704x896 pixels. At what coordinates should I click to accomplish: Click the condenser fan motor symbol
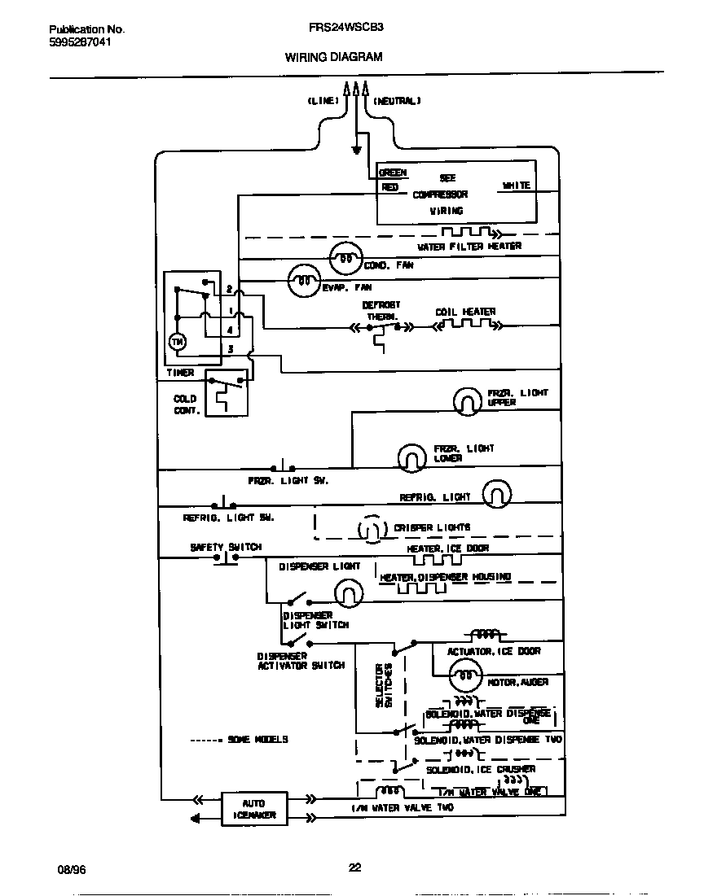(345, 260)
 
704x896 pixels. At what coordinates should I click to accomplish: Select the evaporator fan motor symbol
(304, 281)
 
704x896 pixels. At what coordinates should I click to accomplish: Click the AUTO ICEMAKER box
(253, 808)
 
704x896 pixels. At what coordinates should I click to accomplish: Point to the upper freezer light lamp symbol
(469, 400)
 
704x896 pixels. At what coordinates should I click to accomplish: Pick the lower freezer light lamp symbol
(412, 458)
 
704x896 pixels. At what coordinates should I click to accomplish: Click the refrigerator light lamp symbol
(497, 493)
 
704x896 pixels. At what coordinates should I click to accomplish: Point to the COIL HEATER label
(465, 312)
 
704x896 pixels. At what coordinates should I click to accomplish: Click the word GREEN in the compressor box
(393, 173)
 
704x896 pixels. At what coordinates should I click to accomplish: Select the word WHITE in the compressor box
(516, 186)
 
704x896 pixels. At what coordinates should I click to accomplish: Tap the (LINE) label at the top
(323, 101)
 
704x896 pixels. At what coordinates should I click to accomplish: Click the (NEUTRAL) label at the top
(397, 101)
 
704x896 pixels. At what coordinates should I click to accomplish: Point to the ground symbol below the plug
(356, 150)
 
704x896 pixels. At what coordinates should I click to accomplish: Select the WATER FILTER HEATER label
(469, 246)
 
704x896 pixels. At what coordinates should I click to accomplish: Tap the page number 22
(354, 868)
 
